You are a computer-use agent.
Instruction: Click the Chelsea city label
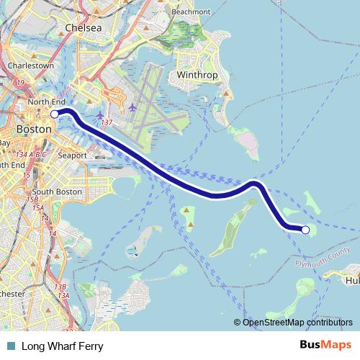(84, 27)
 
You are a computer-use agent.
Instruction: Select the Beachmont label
(191, 12)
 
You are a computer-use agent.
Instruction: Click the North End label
(46, 102)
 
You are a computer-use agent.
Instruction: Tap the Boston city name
(33, 129)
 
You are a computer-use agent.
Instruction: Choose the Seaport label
(72, 155)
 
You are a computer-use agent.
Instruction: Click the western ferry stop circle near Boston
(55, 114)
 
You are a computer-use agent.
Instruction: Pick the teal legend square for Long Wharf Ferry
(10, 346)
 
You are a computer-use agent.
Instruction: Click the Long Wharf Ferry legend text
(62, 346)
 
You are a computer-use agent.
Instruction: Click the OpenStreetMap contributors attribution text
(297, 322)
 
